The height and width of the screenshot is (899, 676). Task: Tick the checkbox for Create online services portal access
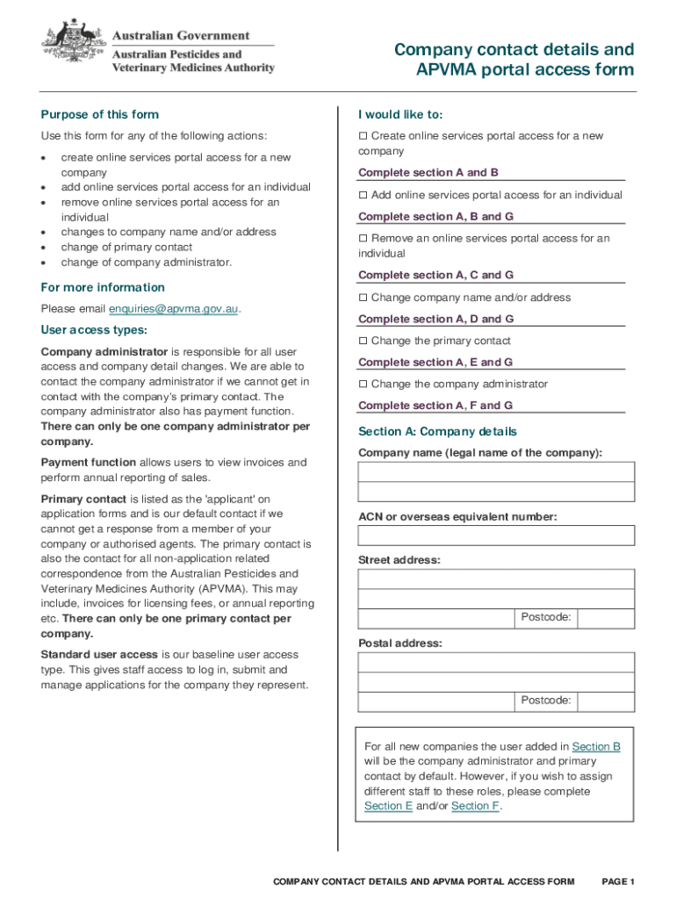[x=363, y=136]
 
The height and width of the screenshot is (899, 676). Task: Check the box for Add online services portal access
[x=363, y=195]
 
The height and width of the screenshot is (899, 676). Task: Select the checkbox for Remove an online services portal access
[x=363, y=239]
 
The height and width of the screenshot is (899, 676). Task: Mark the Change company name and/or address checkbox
[x=363, y=298]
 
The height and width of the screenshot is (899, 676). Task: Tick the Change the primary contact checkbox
[x=363, y=341]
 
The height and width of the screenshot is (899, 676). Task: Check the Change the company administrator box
[x=363, y=385]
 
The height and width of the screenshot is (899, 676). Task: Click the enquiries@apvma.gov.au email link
[x=174, y=309]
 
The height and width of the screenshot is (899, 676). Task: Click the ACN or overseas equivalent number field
[x=496, y=536]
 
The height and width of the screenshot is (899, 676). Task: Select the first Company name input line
[x=496, y=471]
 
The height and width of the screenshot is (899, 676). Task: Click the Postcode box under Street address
[x=607, y=618]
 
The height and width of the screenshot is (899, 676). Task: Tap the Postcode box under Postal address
[x=607, y=701]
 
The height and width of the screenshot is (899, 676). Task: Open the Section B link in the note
[x=596, y=746]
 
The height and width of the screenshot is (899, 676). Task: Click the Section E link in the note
[x=388, y=806]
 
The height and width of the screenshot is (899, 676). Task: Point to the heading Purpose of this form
[x=100, y=115]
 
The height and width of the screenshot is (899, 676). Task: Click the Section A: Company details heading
[x=437, y=432]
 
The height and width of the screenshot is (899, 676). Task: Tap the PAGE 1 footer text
[x=617, y=881]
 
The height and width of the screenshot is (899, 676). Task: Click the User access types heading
[x=94, y=330]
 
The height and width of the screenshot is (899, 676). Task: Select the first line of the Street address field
[x=496, y=579]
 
